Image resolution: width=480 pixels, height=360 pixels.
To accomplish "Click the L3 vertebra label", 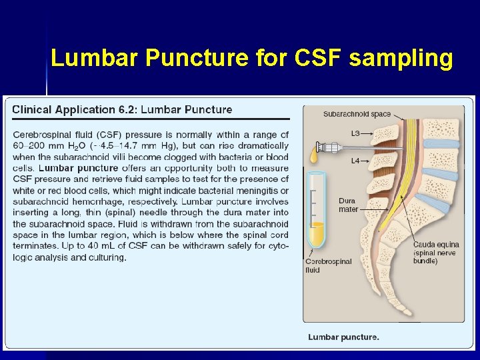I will coord(355,133).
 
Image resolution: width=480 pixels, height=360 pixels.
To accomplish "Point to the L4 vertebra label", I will coord(355,161).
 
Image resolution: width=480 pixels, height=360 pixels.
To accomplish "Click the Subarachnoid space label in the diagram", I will coord(357,114).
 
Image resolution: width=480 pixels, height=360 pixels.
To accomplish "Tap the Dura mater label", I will coord(349,205).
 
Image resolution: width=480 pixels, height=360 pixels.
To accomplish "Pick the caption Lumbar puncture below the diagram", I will coord(343,337).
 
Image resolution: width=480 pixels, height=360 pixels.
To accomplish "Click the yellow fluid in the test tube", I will coord(315,234).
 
